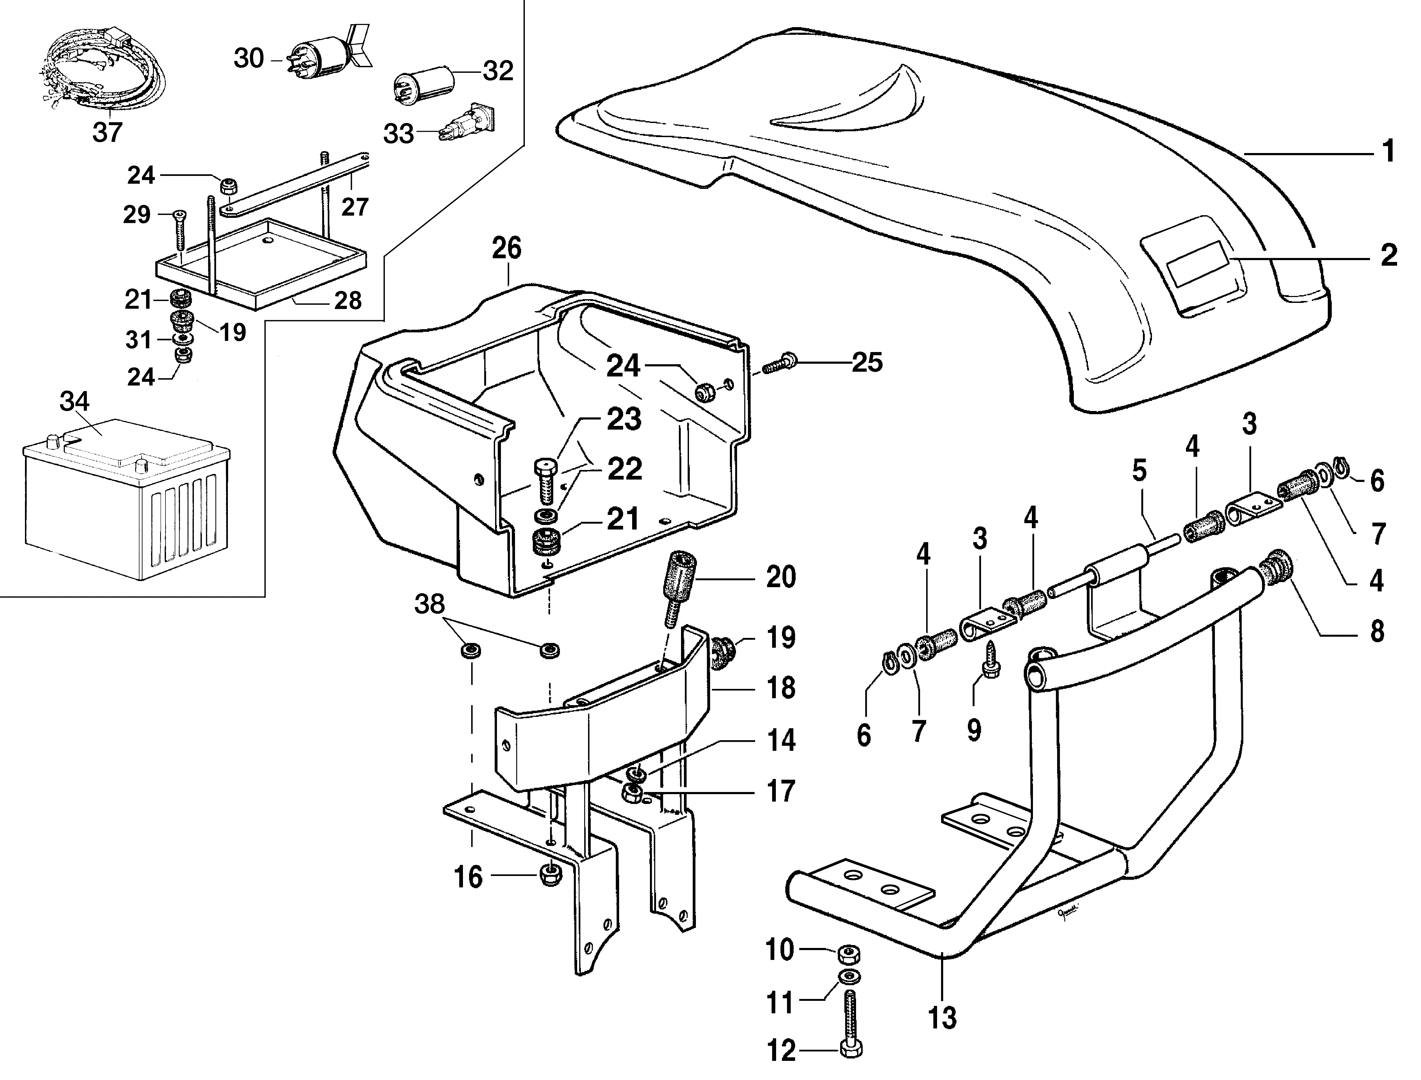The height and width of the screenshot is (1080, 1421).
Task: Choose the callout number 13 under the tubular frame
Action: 942,1018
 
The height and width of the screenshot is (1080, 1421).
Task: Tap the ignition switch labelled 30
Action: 321,55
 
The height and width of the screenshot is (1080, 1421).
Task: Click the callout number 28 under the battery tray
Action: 348,300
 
